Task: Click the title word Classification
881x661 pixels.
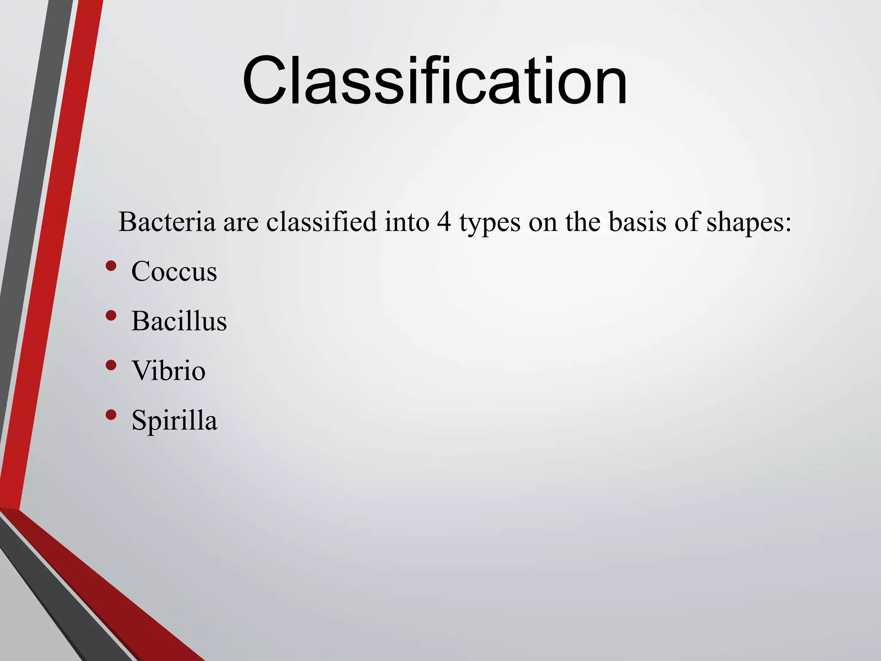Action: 434,80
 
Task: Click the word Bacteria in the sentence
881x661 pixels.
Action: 167,222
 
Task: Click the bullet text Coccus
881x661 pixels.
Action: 174,272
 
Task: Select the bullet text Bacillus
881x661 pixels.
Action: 179,321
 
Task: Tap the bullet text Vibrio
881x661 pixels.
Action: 169,371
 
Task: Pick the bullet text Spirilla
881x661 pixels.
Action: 174,420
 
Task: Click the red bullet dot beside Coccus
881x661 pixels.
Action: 111,266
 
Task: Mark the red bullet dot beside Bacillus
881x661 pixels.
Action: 111,315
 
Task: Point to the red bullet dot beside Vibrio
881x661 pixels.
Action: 111,365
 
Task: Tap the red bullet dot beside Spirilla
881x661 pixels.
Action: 111,415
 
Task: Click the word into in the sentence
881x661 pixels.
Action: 407,222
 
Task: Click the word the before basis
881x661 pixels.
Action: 583,222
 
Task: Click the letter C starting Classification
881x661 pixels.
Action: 264,80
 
